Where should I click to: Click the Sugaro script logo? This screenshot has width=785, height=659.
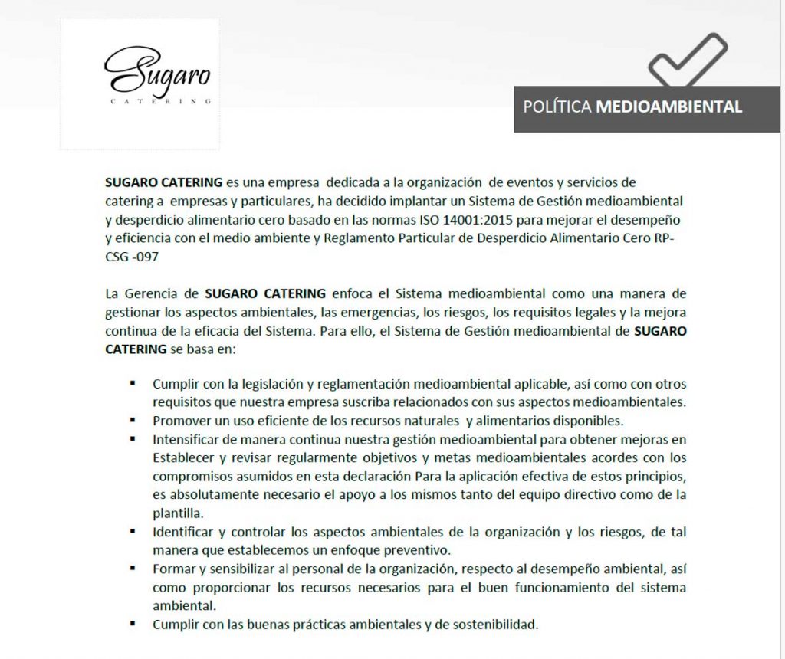[x=157, y=70]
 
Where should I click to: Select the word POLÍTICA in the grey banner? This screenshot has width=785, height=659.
[x=557, y=107]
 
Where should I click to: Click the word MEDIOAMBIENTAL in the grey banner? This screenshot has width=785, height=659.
[x=668, y=107]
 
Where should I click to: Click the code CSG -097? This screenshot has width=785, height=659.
[x=132, y=257]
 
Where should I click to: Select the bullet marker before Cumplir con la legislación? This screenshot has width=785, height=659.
[x=133, y=382]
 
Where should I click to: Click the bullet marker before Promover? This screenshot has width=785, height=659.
[x=133, y=420]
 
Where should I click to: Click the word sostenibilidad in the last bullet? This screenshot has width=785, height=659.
[x=495, y=624]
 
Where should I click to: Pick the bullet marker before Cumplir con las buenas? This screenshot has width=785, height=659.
[x=133, y=623]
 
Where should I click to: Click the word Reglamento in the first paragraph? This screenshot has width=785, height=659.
[x=357, y=238]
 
